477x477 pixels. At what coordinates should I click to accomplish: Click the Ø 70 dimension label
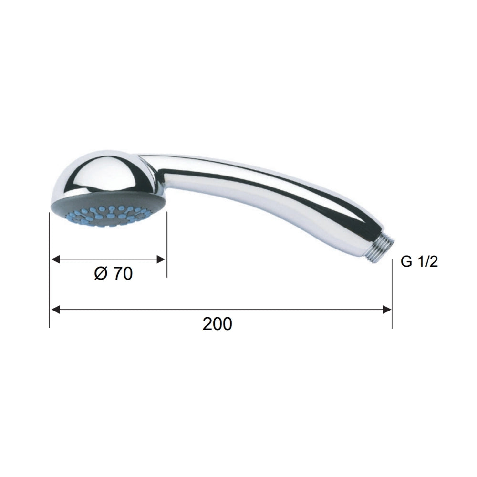point(114,273)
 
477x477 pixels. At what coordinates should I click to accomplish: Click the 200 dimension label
point(217,324)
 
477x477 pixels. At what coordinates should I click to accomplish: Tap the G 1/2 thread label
point(419,261)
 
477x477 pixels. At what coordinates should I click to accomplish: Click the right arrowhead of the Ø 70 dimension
point(160,259)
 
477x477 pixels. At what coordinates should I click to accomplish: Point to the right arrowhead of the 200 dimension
point(387,310)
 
